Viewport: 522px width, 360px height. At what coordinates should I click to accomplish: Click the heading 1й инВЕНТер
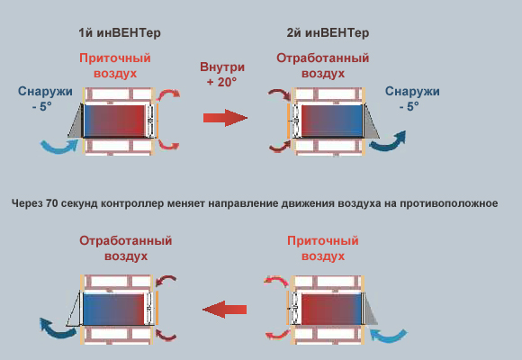click(120, 33)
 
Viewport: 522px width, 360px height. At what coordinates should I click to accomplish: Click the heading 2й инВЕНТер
click(328, 33)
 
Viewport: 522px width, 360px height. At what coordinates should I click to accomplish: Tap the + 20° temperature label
click(221, 82)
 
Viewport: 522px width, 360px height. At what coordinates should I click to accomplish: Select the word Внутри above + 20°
click(222, 67)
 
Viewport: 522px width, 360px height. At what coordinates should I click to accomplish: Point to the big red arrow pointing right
click(225, 118)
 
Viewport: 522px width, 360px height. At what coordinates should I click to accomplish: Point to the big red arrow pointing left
click(224, 310)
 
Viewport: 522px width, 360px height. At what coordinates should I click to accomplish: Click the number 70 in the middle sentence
click(52, 203)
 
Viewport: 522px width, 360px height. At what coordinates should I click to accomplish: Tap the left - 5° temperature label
click(42, 106)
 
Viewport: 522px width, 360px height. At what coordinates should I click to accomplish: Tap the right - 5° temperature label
click(409, 106)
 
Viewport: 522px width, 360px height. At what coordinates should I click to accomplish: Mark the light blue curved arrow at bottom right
click(389, 336)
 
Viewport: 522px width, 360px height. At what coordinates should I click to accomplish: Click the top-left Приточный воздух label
click(115, 66)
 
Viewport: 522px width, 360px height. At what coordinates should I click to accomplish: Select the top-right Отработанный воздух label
click(322, 66)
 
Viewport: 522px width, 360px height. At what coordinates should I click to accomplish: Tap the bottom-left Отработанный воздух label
click(125, 248)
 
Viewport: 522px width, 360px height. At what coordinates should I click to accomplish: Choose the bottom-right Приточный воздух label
click(323, 248)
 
